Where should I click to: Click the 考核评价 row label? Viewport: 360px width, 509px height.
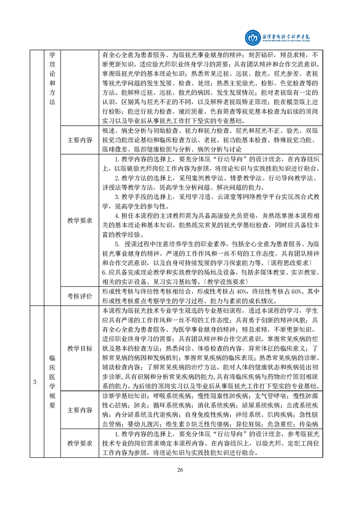click(x=79, y=296)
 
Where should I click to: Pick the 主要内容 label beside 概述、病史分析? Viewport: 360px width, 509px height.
click(x=79, y=140)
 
